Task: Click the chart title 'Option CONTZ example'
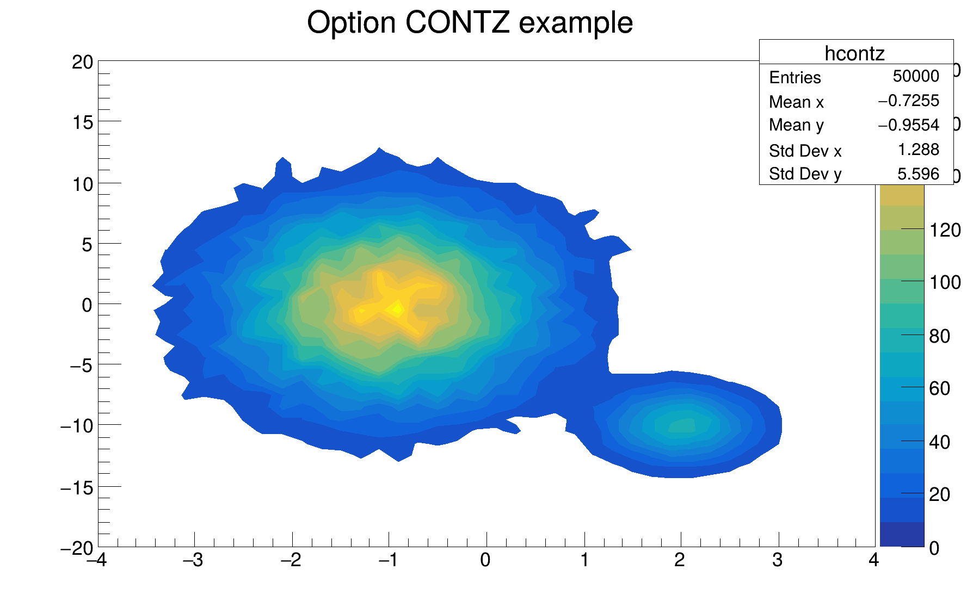[470, 23]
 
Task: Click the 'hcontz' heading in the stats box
[854, 53]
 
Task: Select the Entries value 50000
[915, 76]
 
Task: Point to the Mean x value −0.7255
[908, 101]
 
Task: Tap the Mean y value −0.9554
[908, 125]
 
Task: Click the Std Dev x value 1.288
[918, 150]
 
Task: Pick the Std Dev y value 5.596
[918, 174]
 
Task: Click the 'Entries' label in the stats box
[795, 78]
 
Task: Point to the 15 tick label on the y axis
[83, 123]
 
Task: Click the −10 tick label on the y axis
[77, 426]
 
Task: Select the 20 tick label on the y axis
[83, 63]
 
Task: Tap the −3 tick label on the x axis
[193, 560]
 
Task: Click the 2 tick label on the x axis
[680, 560]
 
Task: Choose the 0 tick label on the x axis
[485, 560]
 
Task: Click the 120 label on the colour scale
[945, 231]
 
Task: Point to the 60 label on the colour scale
[940, 388]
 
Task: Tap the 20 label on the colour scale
[940, 494]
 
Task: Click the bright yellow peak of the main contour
[397, 309]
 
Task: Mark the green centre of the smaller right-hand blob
[682, 425]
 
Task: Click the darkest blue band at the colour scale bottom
[902, 534]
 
